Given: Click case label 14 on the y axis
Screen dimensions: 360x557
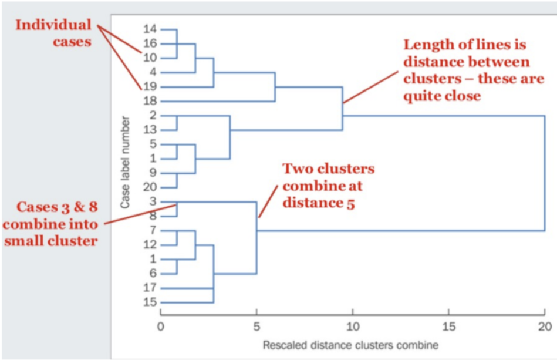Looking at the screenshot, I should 150,29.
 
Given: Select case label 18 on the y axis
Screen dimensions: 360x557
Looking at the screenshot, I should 150,101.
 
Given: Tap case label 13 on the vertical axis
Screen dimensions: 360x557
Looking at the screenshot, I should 150,130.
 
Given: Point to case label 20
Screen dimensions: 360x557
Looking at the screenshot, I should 150,187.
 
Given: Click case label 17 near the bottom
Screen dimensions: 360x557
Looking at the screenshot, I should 150,288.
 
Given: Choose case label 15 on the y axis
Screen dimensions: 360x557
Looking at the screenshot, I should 150,302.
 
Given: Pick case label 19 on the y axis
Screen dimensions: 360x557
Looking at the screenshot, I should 150,87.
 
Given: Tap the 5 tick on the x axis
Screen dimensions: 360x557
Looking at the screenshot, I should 256,326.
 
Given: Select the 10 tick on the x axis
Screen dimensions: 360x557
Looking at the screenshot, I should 352,326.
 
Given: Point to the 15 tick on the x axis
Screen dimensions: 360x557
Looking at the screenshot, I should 448,326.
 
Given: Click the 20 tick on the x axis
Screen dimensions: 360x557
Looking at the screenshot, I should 544,326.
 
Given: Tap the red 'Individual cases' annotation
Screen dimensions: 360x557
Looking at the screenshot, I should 53,33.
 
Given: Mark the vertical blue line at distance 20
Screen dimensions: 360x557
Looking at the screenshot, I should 545,173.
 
